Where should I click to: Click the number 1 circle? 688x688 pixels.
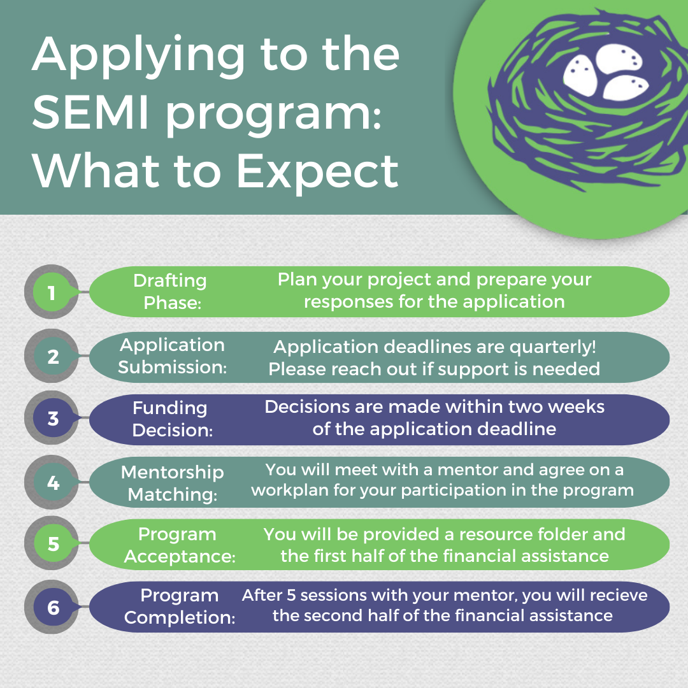tap(52, 292)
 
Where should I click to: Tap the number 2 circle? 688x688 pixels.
tap(52, 356)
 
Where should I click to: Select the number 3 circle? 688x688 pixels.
tap(52, 418)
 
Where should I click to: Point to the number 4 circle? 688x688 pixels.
tap(52, 482)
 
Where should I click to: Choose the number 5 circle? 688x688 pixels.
tap(52, 543)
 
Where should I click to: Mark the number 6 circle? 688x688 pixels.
tap(52, 607)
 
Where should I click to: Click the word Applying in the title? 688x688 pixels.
tap(138, 57)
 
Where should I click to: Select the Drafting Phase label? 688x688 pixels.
tap(171, 291)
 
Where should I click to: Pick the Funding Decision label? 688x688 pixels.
tap(171, 419)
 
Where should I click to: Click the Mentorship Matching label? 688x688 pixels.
tap(173, 483)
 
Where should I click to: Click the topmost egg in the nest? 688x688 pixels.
tap(619, 59)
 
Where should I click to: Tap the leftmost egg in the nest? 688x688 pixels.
tap(580, 75)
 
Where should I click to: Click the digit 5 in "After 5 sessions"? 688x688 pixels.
tap(291, 595)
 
